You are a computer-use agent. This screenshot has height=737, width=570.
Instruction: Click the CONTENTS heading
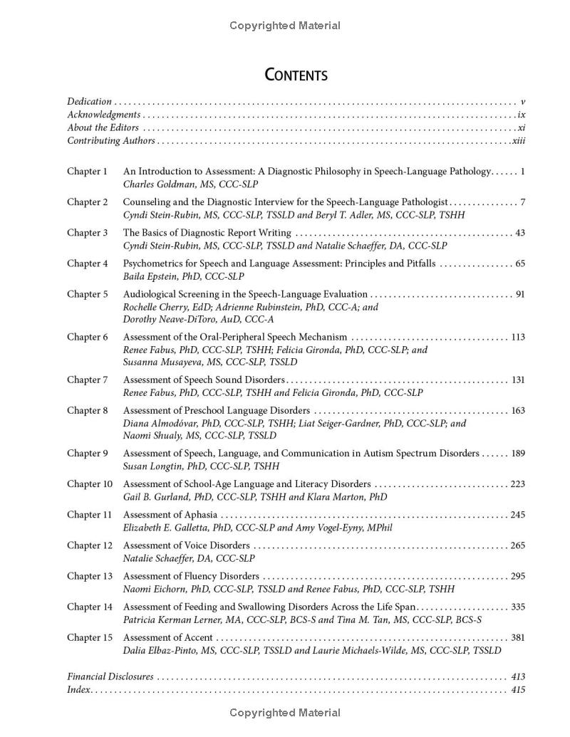click(x=296, y=75)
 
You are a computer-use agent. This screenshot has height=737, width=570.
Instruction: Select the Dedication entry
click(x=89, y=102)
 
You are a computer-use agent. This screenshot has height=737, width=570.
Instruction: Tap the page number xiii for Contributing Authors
click(x=519, y=140)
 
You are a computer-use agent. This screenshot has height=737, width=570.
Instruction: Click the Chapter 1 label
click(x=87, y=172)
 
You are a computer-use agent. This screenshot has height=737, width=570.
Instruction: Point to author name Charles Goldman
click(x=159, y=184)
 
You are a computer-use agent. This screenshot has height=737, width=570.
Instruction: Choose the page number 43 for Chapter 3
click(x=519, y=233)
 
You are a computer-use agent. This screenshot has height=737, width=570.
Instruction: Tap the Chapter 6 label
click(x=87, y=338)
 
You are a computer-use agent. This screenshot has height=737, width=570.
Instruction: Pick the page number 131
click(x=518, y=380)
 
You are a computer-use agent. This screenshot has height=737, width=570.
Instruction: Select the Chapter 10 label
click(x=90, y=484)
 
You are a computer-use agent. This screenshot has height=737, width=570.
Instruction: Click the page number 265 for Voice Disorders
click(x=518, y=546)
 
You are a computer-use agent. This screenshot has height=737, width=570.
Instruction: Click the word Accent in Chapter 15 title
click(x=198, y=638)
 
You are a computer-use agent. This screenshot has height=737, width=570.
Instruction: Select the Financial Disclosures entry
click(x=110, y=676)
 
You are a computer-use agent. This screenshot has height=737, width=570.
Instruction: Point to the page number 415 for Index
click(x=518, y=689)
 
